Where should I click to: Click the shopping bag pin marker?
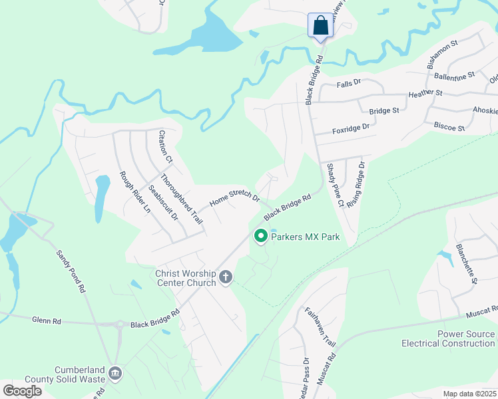(x=320, y=27)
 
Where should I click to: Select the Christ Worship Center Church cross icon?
(x=226, y=277)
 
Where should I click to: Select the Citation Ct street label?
(x=165, y=146)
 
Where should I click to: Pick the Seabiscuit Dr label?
(x=163, y=202)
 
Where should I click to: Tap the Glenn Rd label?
(x=46, y=321)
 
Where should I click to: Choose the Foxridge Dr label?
(x=350, y=127)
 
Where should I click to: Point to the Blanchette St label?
(x=466, y=263)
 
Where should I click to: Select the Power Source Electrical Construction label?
(x=448, y=338)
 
